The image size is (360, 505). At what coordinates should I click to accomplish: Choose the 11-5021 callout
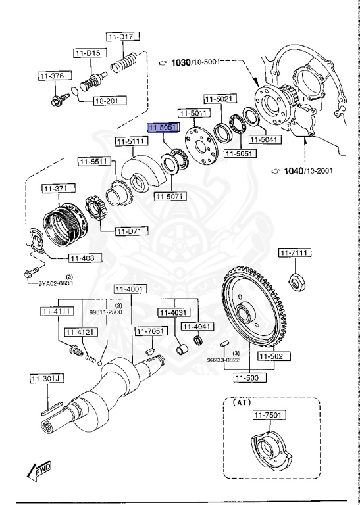click(x=219, y=99)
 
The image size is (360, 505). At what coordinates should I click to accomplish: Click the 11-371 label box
click(x=57, y=189)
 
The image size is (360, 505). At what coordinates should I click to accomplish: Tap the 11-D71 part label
click(x=132, y=231)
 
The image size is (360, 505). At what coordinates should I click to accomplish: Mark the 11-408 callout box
click(x=84, y=258)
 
